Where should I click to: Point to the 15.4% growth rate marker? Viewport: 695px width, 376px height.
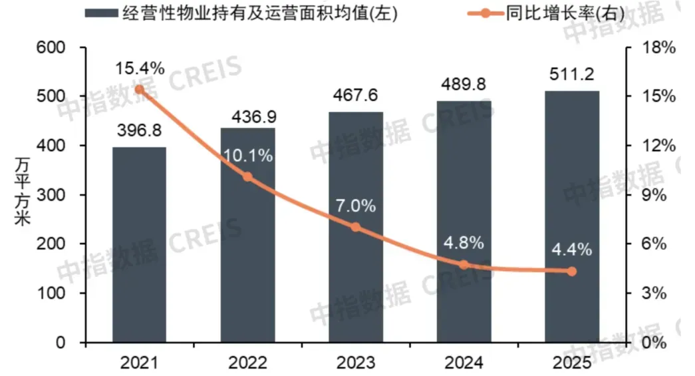tap(139, 89)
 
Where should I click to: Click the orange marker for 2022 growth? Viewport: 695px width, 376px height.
tap(247, 177)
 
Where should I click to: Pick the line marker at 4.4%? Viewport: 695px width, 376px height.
tap(572, 271)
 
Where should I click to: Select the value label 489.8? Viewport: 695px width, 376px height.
tap(464, 85)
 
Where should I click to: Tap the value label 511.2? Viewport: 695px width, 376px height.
tap(571, 73)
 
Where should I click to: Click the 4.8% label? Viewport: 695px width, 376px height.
tap(464, 242)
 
